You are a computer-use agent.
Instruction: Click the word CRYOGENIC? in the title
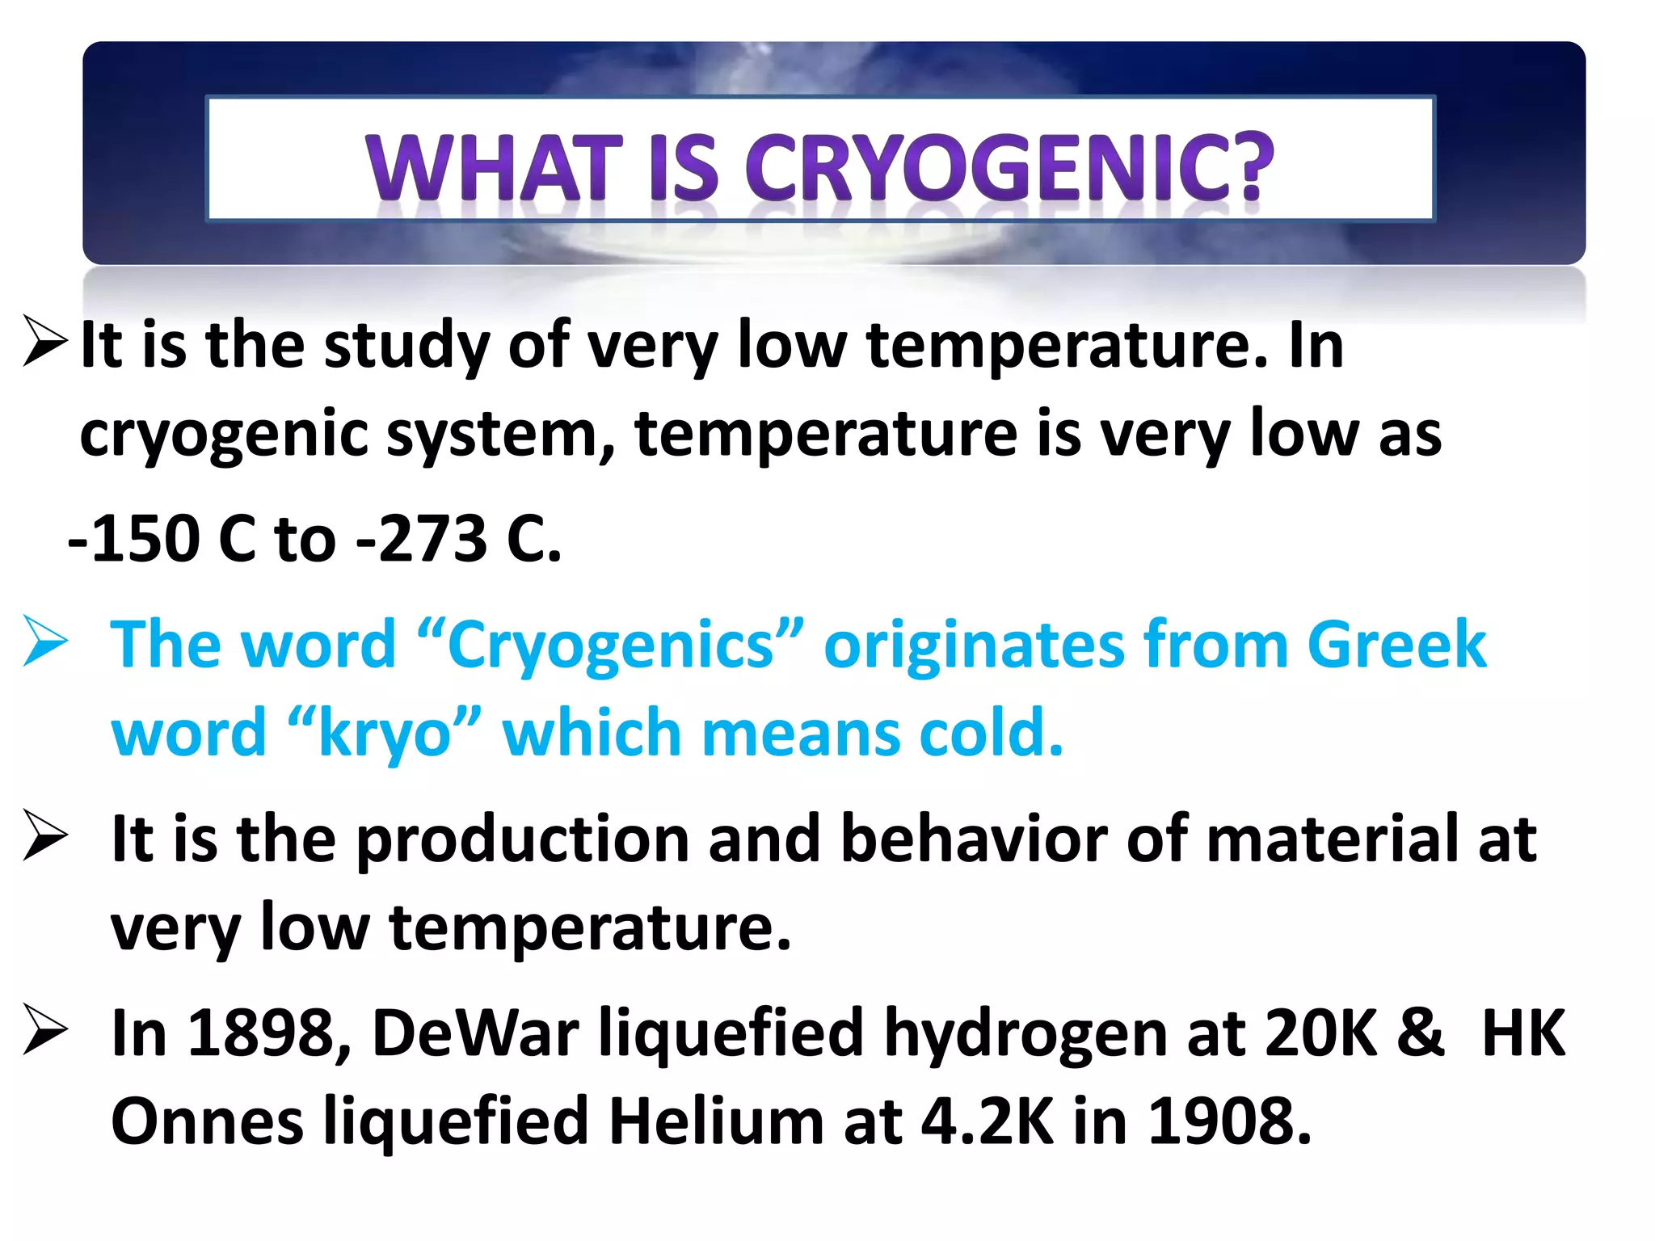(1009, 167)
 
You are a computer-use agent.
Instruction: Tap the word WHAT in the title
(494, 167)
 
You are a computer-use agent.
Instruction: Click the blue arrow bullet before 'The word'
(45, 642)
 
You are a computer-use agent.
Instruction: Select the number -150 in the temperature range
(134, 539)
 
